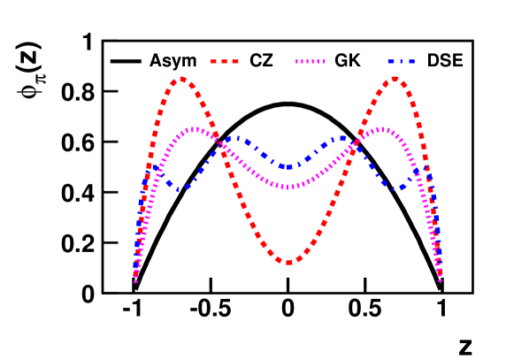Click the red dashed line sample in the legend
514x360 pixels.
click(x=225, y=62)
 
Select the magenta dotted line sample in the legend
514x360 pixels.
click(x=310, y=62)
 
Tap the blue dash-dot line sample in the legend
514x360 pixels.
click(x=401, y=62)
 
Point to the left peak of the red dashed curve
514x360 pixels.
click(x=181, y=79)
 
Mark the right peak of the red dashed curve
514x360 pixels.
click(x=395, y=79)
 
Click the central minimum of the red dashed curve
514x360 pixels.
click(x=288, y=262)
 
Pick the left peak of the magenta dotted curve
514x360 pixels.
click(x=195, y=130)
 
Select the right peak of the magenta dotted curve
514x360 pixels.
click(x=381, y=130)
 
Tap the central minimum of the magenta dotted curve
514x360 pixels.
click(x=288, y=187)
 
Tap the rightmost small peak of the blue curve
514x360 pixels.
click(x=423, y=167)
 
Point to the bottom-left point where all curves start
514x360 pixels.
click(x=135, y=280)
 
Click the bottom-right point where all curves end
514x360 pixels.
click(x=440, y=280)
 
